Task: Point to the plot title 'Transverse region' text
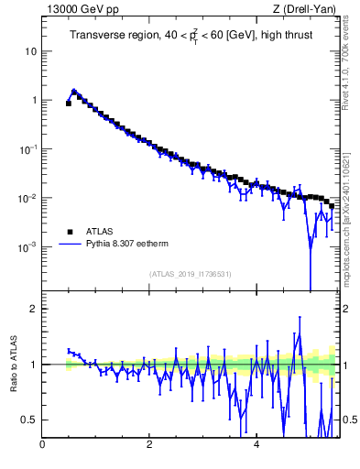tap(108, 36)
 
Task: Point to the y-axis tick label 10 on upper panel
tap(30, 51)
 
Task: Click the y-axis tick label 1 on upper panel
tap(34, 101)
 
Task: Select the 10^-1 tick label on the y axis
tap(29, 149)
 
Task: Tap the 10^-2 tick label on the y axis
tap(29, 199)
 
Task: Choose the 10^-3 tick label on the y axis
tap(29, 247)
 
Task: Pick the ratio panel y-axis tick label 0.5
tap(30, 420)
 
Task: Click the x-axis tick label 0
tap(42, 446)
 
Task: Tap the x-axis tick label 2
tap(149, 446)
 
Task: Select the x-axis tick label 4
tap(256, 446)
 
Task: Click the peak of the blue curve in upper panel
tap(74, 91)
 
